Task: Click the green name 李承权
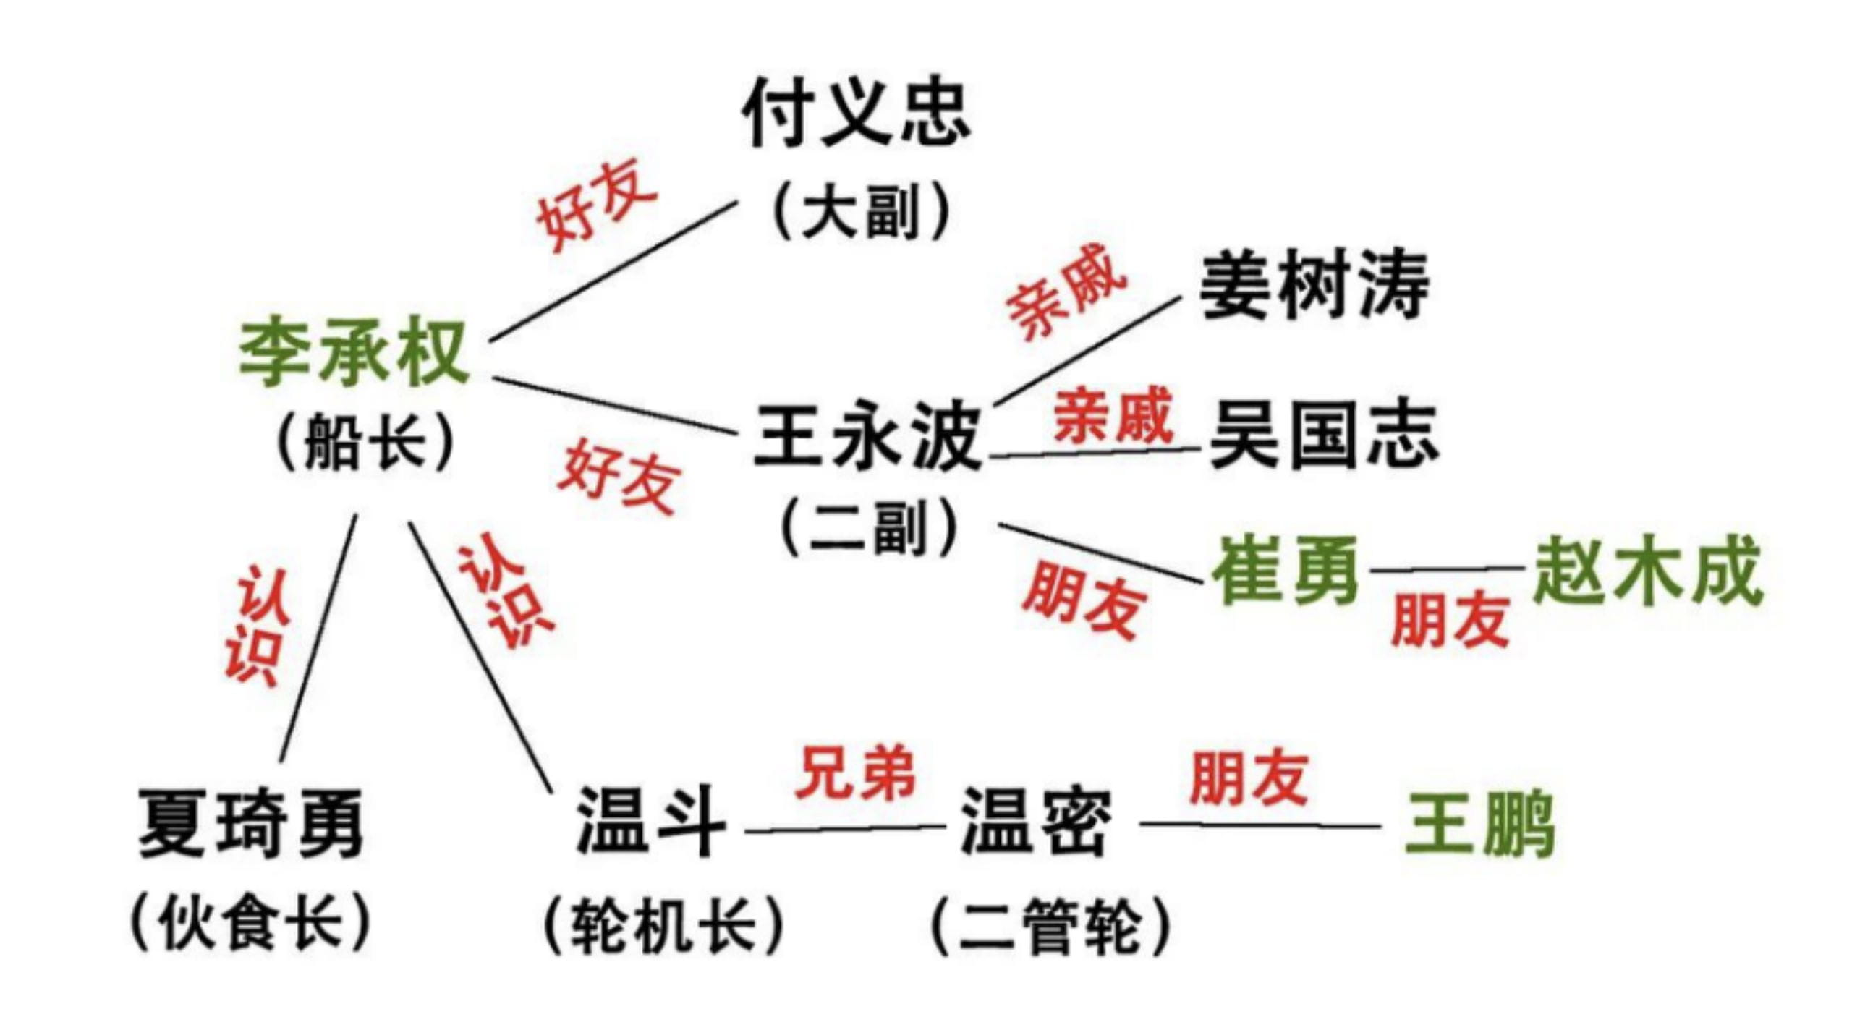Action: [354, 352]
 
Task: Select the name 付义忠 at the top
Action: [856, 114]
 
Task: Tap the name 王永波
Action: [867, 436]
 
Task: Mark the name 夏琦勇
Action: [250, 822]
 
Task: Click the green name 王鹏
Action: [1479, 825]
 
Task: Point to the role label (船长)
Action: [365, 441]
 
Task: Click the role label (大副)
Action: [860, 210]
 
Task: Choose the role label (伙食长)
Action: [250, 922]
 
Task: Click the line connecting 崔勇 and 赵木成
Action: [1448, 569]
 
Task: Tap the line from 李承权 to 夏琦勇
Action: [318, 638]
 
